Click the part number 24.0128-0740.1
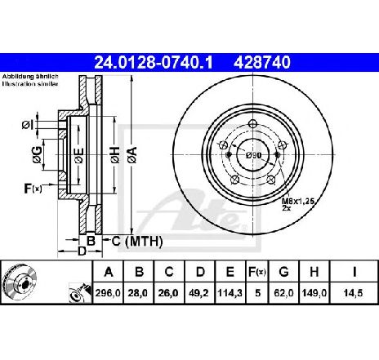(154, 63)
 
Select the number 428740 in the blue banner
(262, 63)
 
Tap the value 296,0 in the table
(108, 293)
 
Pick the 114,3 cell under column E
(230, 293)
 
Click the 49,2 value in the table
(200, 293)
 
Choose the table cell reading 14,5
(354, 293)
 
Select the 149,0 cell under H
(314, 293)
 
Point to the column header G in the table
(283, 272)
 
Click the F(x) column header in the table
(256, 272)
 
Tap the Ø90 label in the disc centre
(253, 155)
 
